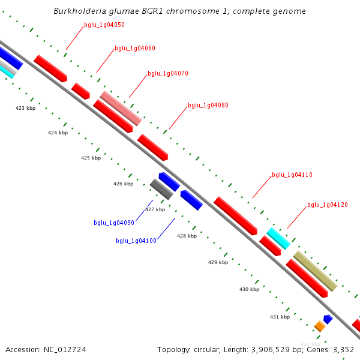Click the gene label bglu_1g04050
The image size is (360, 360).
coord(104,25)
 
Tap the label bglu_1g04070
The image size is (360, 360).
coord(168,73)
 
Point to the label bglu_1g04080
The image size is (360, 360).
coord(208,105)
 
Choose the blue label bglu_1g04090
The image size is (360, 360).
coord(114,223)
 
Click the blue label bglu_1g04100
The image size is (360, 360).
coord(136,241)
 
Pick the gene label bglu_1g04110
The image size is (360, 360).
coord(292,175)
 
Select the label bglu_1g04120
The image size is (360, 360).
coord(328,205)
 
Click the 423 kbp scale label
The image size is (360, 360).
coord(25,109)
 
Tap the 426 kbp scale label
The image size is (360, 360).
coord(123,184)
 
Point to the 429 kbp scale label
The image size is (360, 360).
coord(218,262)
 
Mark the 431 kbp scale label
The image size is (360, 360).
coord(280,317)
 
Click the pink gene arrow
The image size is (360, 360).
coord(121,108)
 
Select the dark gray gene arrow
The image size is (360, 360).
coord(161,189)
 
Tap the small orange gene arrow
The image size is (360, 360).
coord(320,326)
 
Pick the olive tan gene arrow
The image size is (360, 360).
coord(315,271)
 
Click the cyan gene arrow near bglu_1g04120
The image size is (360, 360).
coord(278,238)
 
